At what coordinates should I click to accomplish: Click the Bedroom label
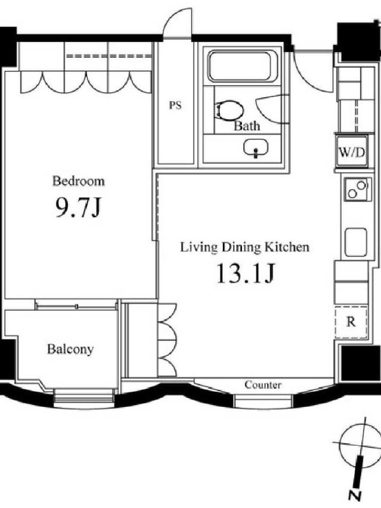pos(78,181)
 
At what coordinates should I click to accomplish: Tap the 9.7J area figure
pos(77,207)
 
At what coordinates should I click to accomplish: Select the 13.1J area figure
pos(245,272)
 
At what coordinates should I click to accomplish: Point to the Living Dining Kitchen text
pos(244,247)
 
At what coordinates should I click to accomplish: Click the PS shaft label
pos(175,105)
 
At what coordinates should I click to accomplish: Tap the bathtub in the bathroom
pos(241,67)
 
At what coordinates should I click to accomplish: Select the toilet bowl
pos(230,110)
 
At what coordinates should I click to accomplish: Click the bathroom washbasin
pos(256,148)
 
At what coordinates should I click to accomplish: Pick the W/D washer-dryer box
pos(352,152)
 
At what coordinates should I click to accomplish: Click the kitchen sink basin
pos(356,243)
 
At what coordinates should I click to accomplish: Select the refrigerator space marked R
pos(351,322)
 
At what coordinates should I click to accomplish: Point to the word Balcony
pos(70,349)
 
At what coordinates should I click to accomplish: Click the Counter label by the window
pos(263,385)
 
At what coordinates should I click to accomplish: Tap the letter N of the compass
pos(355,495)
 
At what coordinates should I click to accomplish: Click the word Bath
pos(247,126)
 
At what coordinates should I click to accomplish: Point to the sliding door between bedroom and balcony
pos(76,306)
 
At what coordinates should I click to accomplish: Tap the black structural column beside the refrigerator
pos(355,363)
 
